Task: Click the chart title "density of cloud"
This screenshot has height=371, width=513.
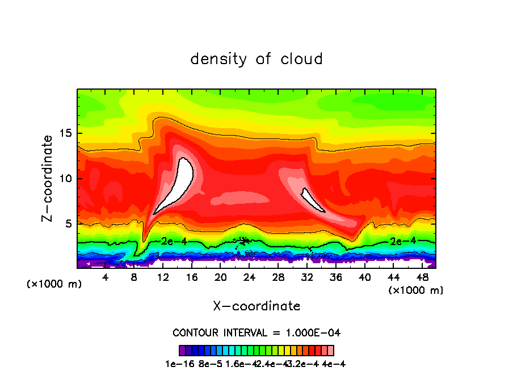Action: coord(256,59)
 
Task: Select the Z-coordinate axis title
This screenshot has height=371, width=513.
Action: coord(48,178)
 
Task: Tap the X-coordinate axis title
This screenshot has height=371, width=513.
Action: coord(256,306)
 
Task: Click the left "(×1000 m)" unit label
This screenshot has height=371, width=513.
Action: coord(54,284)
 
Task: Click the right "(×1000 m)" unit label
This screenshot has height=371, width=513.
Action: coord(416,290)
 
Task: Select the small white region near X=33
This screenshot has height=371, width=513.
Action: coord(312,200)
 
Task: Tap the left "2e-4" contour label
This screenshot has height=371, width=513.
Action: coord(171,241)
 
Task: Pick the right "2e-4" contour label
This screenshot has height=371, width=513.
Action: coord(401,241)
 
